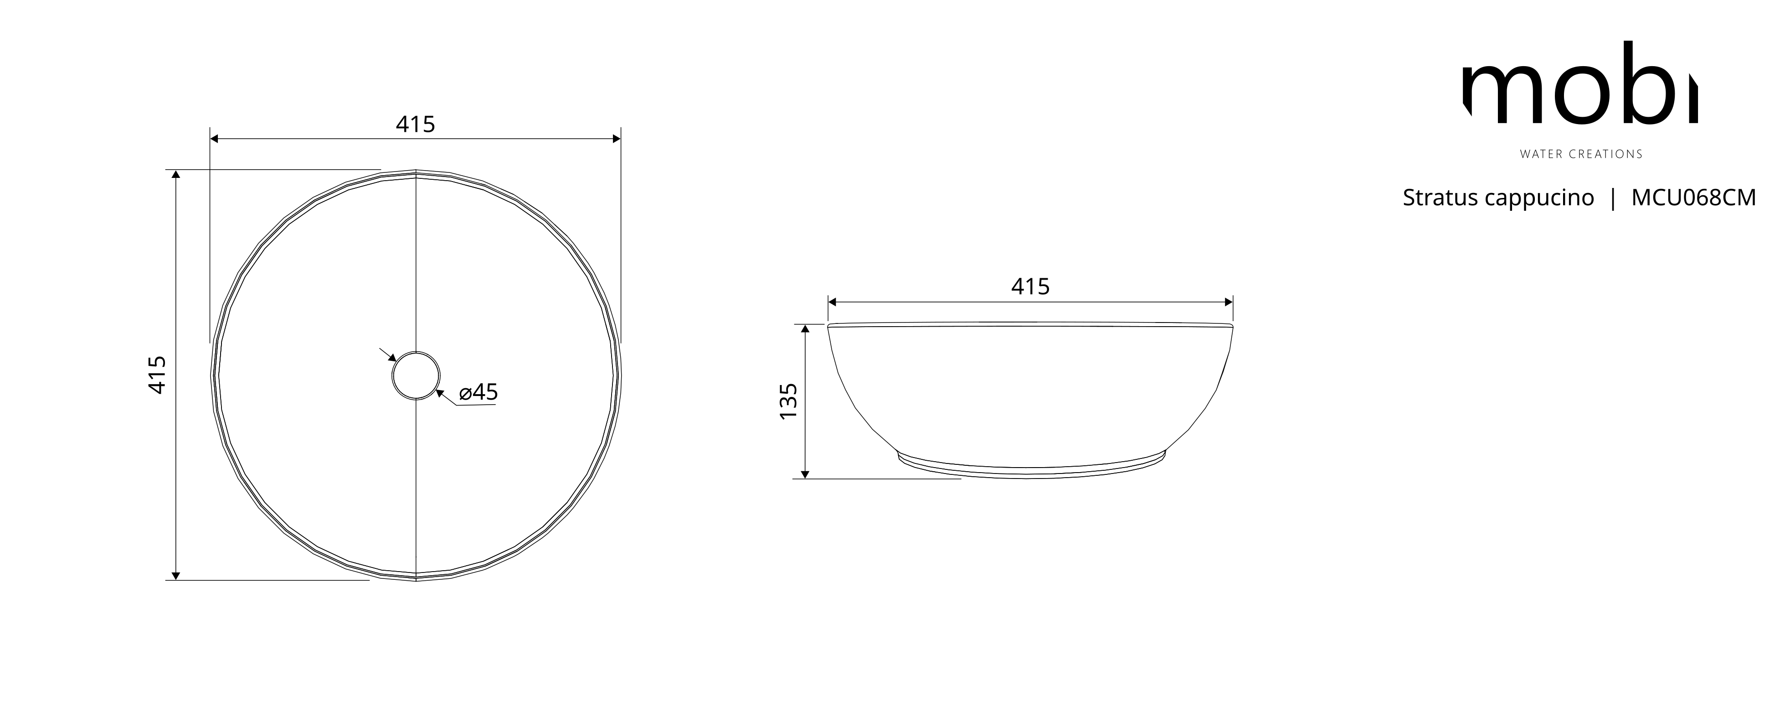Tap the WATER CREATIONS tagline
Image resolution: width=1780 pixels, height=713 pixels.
click(1581, 154)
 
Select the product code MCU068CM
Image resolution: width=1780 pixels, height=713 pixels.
click(1693, 198)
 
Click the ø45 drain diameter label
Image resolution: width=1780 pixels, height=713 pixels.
click(478, 392)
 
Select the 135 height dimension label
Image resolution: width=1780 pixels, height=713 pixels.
click(788, 401)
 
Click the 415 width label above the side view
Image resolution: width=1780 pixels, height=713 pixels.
click(1030, 286)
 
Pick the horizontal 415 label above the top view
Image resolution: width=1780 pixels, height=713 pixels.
click(415, 125)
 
